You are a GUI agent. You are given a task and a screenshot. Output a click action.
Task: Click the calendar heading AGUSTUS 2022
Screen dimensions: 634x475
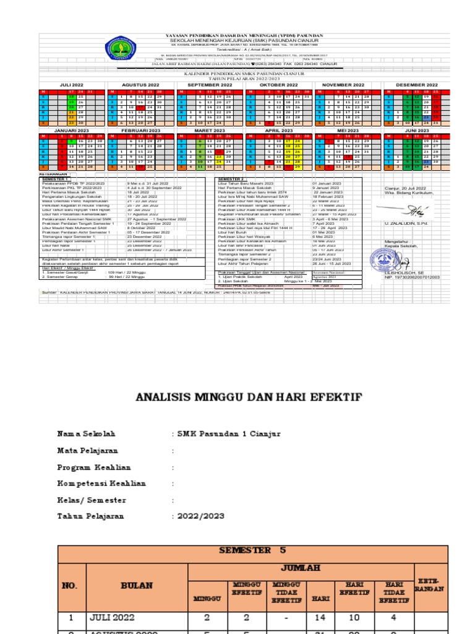click(141, 84)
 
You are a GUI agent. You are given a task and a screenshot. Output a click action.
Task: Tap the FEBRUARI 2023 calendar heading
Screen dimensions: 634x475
click(141, 131)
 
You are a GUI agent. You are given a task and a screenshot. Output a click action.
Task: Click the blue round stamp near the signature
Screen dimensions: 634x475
click(377, 259)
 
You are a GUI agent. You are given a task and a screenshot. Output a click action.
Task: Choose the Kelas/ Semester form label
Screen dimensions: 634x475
click(92, 500)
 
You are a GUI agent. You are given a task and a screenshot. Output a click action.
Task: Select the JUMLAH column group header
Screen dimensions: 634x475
click(301, 568)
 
